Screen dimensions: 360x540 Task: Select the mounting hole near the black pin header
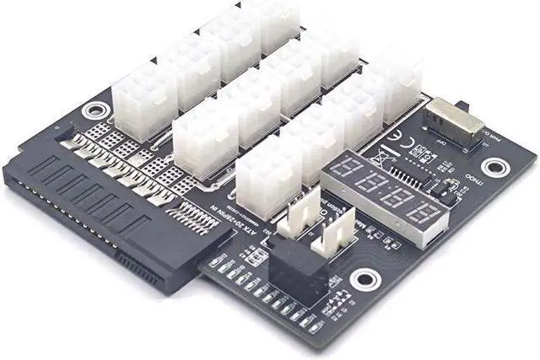pyautogui.click(x=364, y=277)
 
